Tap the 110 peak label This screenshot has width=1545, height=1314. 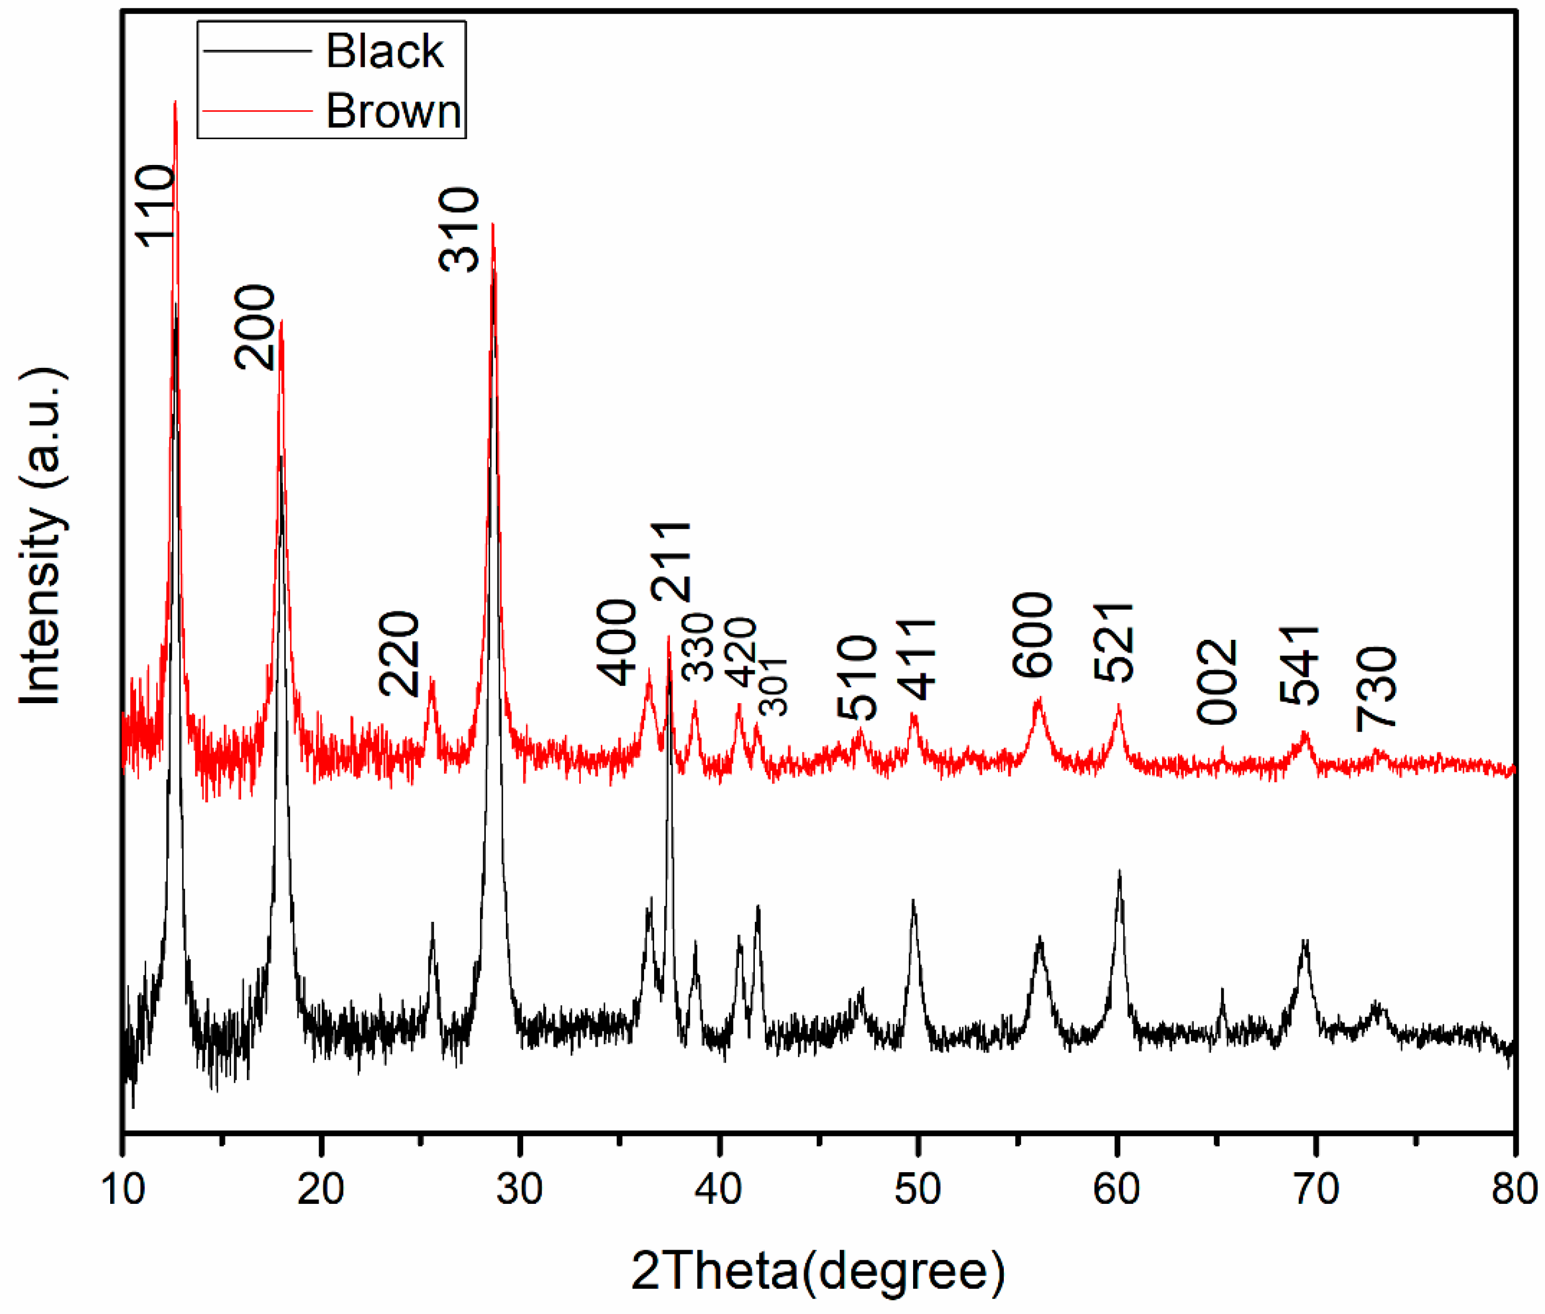pyautogui.click(x=155, y=206)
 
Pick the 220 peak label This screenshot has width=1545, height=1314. pyautogui.click(x=399, y=653)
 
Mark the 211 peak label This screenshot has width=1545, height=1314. pyautogui.click(x=671, y=562)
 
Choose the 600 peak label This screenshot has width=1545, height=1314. pyautogui.click(x=1032, y=635)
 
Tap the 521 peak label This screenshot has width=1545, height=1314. pyautogui.click(x=1113, y=642)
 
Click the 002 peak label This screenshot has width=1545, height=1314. pyautogui.click(x=1216, y=682)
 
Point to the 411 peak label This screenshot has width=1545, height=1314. pyautogui.click(x=915, y=659)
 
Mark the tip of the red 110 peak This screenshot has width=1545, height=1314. pyautogui.click(x=175, y=102)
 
